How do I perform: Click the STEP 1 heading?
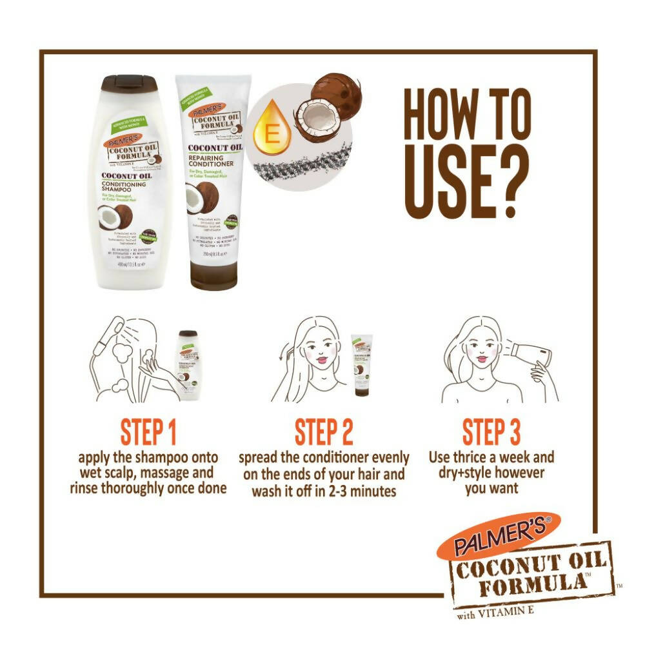[x=148, y=433]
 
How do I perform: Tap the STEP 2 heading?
[x=324, y=433]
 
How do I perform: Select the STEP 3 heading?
[x=491, y=433]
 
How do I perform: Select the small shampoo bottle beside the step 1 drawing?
[x=188, y=364]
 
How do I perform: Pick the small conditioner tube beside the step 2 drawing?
[x=361, y=364]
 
